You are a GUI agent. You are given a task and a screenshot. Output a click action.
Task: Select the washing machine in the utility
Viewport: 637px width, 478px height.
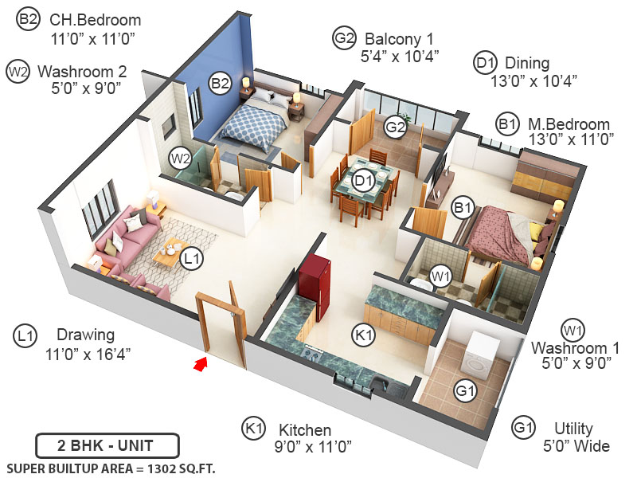483,349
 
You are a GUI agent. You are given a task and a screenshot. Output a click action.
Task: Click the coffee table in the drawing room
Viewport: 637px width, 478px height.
170,252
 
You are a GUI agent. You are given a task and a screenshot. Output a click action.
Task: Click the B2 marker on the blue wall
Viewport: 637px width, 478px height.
221,82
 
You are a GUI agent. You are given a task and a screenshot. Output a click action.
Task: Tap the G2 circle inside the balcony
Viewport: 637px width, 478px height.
396,127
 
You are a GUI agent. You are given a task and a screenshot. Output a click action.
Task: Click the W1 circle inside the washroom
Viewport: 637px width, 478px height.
440,276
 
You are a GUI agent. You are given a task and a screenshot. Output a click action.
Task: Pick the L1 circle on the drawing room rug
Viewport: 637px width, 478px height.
191,258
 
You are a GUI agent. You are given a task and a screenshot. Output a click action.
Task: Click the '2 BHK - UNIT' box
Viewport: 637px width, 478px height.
107,445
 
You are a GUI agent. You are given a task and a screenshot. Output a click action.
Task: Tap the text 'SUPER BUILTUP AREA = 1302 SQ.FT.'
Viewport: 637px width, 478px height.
110,468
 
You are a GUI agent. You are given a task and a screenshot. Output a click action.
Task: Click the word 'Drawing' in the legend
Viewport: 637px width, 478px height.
85,335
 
